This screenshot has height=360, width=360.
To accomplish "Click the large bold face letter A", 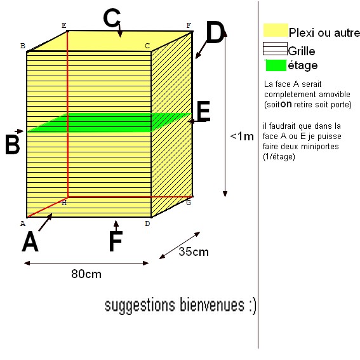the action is click(30, 241).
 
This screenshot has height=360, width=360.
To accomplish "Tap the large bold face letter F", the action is click(116, 241).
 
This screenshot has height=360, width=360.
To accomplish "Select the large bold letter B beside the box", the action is click(13, 144).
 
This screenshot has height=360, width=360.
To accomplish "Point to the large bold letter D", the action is click(215, 32).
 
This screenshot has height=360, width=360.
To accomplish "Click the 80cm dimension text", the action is click(86, 274).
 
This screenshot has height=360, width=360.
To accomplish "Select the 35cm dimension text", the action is click(194, 252).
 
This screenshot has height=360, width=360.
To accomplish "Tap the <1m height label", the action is click(242, 137).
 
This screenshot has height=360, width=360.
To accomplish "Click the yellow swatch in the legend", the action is click(276, 30).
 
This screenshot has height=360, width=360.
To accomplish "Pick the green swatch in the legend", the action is click(276, 65).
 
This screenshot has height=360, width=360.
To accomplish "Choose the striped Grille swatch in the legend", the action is click(275, 49).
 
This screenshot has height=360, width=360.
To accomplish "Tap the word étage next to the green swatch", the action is click(303, 66).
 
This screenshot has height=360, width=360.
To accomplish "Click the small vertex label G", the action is click(189, 203).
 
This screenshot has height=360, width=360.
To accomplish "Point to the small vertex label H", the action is click(64, 203).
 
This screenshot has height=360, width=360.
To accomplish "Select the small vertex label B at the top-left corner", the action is click(23, 46).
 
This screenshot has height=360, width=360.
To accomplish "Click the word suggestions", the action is click(140, 305).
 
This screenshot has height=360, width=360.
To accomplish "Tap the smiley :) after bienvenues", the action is click(252, 305).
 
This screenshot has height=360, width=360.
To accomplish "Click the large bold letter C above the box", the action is click(112, 18).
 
